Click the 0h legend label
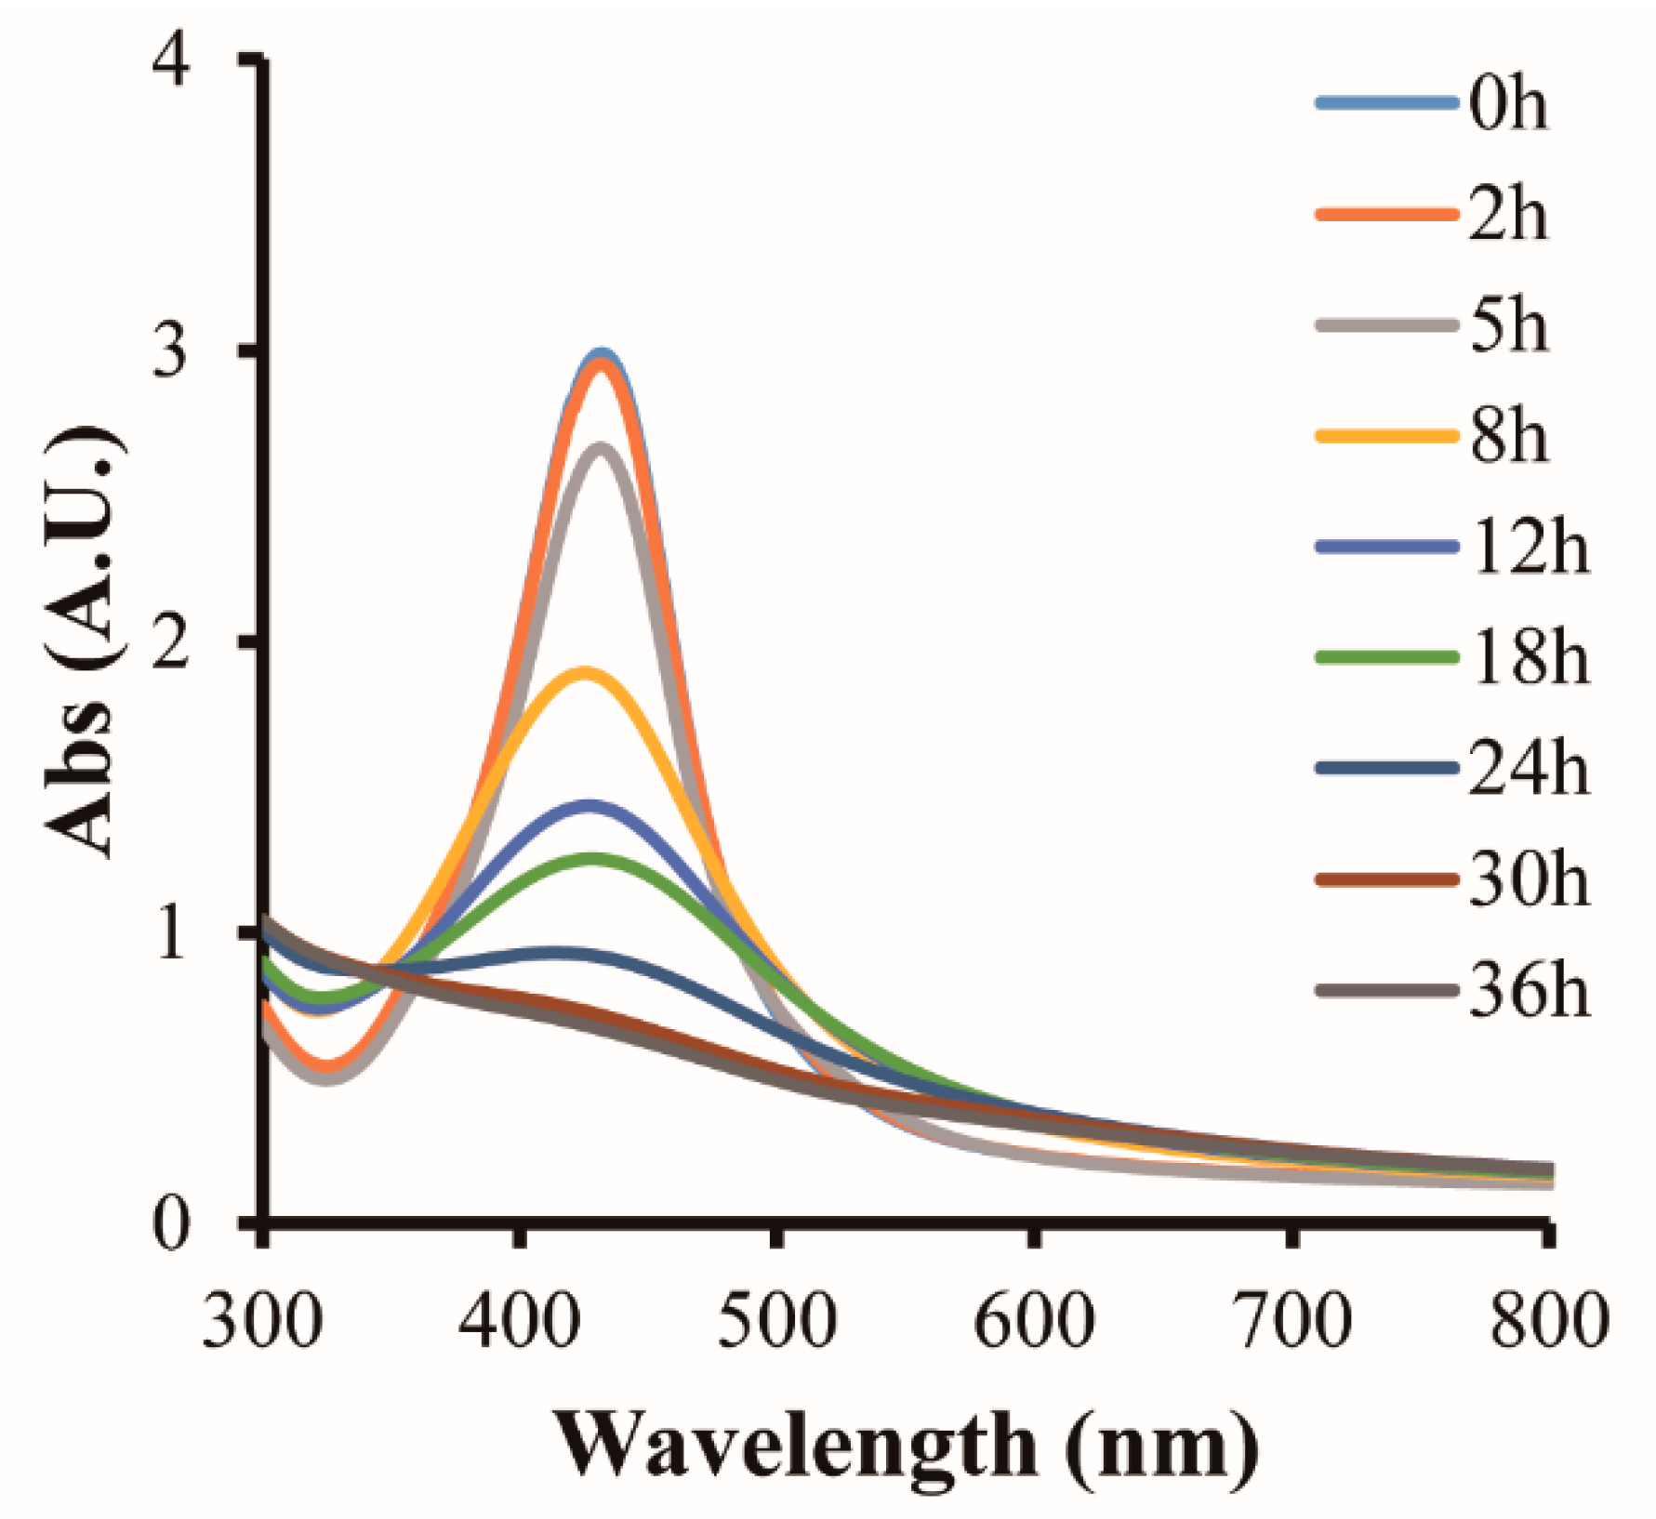click(x=1508, y=103)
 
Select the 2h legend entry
click(x=1508, y=215)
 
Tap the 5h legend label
click(x=1508, y=326)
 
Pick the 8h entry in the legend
click(x=1508, y=436)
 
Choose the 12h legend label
click(x=1529, y=548)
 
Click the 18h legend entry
click(x=1529, y=658)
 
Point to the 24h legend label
click(x=1529, y=769)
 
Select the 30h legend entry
click(x=1529, y=879)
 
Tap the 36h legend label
click(x=1529, y=991)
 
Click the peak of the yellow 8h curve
click(x=584, y=671)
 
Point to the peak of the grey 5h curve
click(x=602, y=448)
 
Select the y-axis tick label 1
click(x=171, y=933)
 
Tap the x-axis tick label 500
click(x=777, y=1321)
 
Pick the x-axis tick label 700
click(x=1292, y=1321)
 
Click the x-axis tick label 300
click(x=263, y=1321)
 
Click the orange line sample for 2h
click(x=1386, y=215)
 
